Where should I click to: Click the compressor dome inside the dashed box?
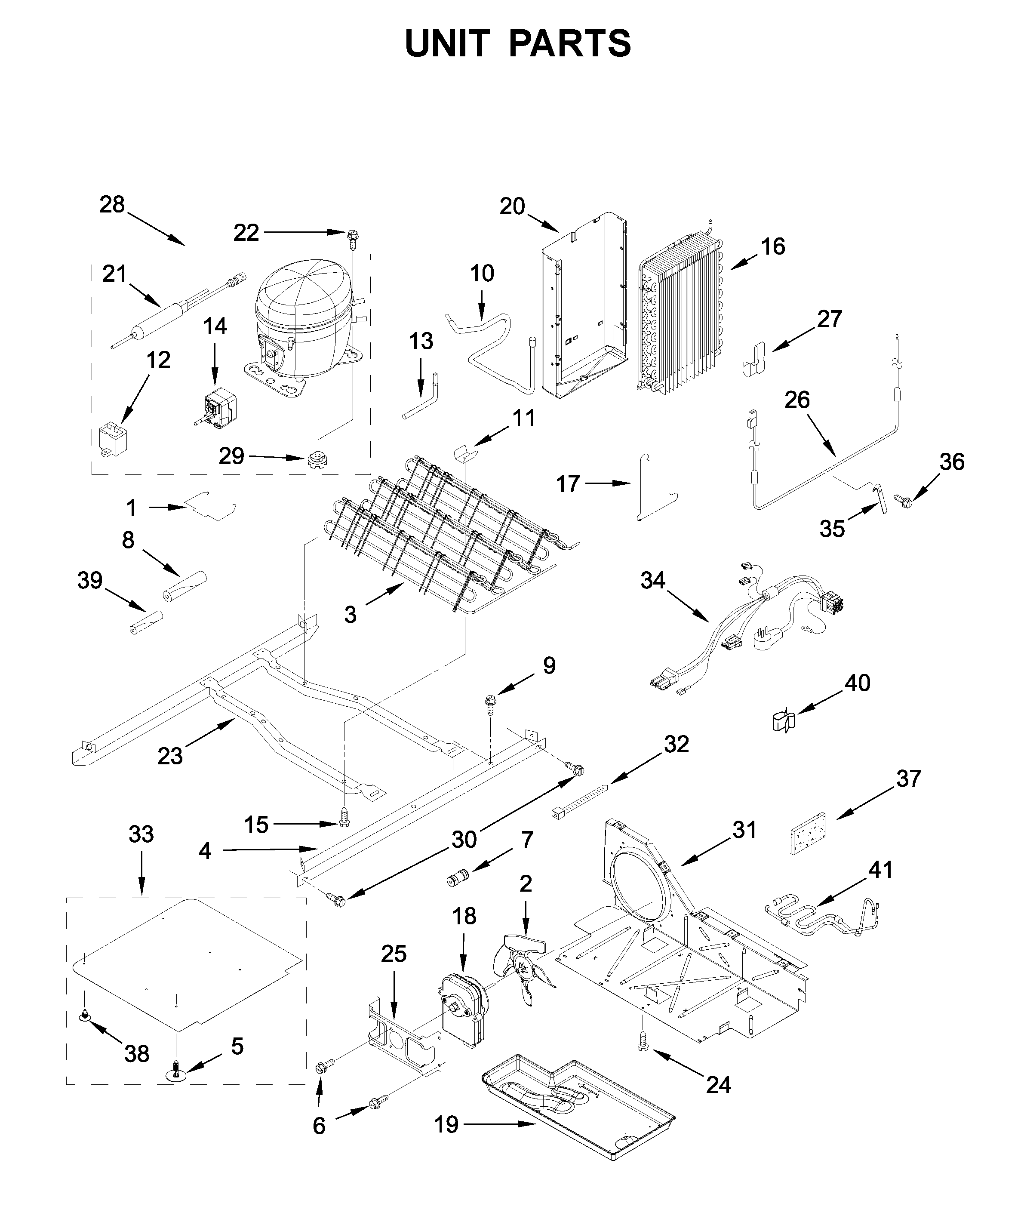(x=304, y=304)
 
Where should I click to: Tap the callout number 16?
(x=773, y=247)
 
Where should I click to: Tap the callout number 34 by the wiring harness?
(x=653, y=580)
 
